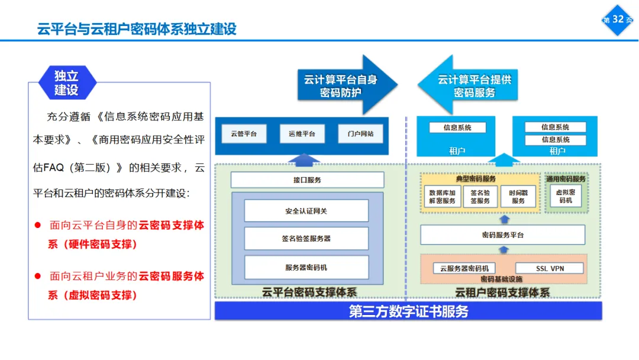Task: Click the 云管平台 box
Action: (x=244, y=134)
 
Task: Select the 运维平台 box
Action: (x=302, y=134)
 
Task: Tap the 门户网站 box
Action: (x=360, y=134)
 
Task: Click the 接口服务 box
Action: (x=307, y=180)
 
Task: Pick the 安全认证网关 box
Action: (x=306, y=211)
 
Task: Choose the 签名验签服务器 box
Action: (x=306, y=239)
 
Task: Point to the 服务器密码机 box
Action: (x=306, y=268)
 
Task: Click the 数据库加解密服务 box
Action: (x=443, y=197)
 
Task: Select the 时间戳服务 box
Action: (x=518, y=197)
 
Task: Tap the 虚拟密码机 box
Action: (x=566, y=196)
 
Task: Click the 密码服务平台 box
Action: (x=502, y=235)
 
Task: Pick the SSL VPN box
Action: (x=550, y=268)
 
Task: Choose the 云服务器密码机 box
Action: (x=464, y=268)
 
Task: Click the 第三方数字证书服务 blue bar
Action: (x=408, y=311)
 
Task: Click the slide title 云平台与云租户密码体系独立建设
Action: (x=137, y=28)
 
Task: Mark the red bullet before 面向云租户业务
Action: (x=37, y=276)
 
